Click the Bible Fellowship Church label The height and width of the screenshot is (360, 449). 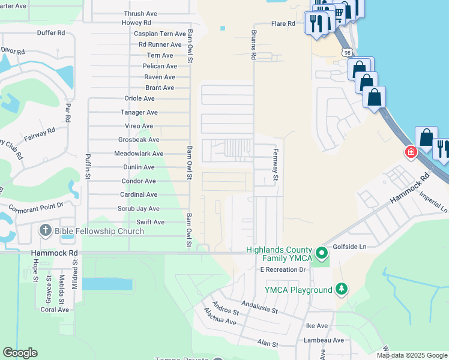[98, 231]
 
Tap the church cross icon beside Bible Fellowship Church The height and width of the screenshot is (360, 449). [45, 231]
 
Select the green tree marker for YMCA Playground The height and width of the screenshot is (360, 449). [342, 290]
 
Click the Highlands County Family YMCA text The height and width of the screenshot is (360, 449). [279, 254]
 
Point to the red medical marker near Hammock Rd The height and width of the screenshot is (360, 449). [411, 152]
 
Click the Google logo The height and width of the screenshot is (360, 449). [20, 353]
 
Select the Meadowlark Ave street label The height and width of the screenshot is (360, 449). [139, 154]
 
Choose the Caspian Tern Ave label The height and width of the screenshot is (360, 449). [160, 34]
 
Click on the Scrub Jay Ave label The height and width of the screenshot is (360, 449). [139, 209]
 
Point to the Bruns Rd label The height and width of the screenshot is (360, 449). [254, 45]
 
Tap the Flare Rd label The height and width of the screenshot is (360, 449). [283, 24]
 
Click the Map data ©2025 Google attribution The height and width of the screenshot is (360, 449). [411, 355]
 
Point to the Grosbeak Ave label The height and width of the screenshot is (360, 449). [139, 140]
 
